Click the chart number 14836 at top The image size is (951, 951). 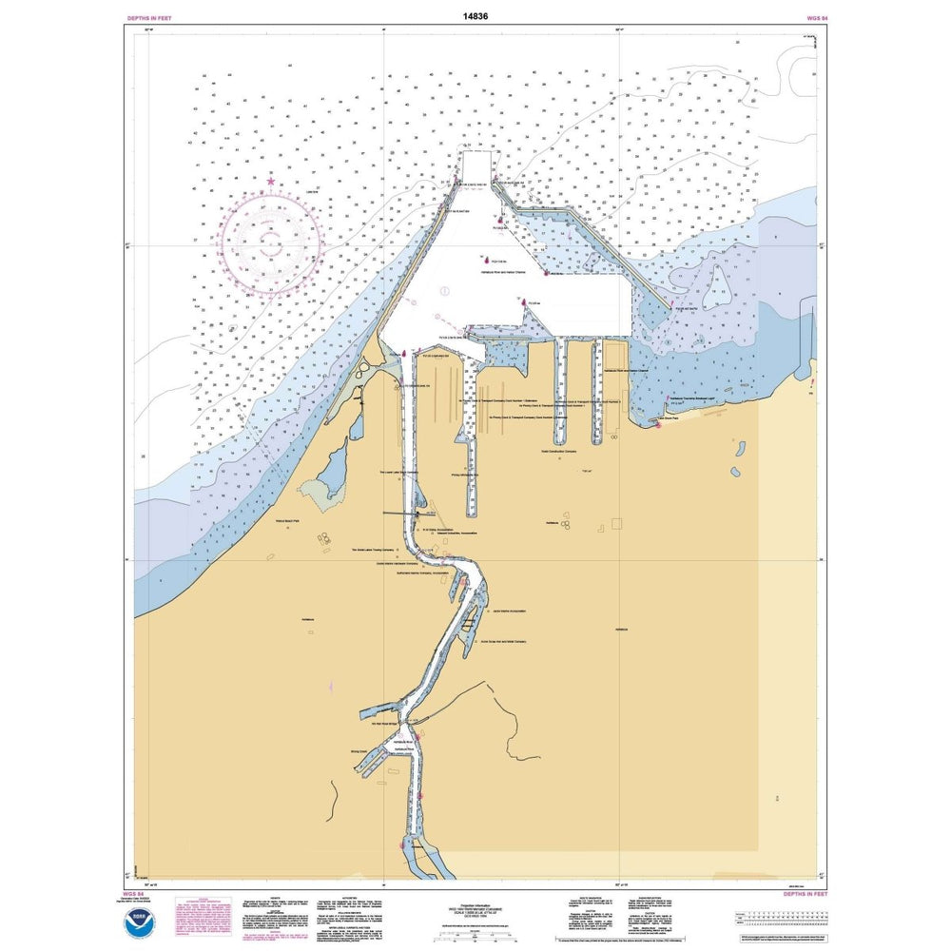coord(475,16)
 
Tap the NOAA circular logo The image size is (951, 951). coord(149,920)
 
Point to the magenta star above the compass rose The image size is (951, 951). coord(271,181)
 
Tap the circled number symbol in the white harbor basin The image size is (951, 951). coord(444,291)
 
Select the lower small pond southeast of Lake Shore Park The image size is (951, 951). coord(735,473)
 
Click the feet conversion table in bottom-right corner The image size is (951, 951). coord(776,917)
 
